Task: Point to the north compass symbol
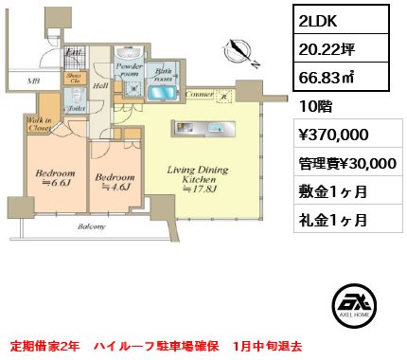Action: [243, 54]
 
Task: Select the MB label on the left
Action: [32, 81]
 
